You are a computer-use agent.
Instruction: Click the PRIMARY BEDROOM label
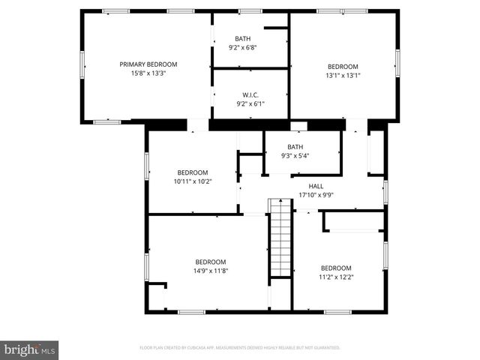(x=148, y=64)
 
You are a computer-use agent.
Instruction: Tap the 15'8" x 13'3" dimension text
(x=148, y=73)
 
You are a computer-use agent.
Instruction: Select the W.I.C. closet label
(x=250, y=94)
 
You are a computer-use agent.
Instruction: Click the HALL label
(x=316, y=186)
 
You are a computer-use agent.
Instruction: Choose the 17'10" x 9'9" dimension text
(x=316, y=195)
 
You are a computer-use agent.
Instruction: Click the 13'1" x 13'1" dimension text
(x=343, y=75)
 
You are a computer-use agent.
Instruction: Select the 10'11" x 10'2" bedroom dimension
(x=193, y=181)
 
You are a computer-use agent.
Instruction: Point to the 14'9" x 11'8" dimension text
(x=210, y=270)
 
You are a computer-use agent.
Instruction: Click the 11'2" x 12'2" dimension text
(x=336, y=277)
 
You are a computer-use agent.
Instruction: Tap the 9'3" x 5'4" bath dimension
(x=295, y=156)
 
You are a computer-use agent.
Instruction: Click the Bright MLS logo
(x=29, y=349)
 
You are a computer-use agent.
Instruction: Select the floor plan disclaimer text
(x=240, y=348)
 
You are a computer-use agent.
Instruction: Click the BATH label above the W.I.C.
(x=243, y=39)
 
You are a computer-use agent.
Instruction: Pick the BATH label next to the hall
(x=295, y=147)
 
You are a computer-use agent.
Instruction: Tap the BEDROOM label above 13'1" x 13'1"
(x=343, y=66)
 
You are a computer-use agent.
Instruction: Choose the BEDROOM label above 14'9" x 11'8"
(x=210, y=262)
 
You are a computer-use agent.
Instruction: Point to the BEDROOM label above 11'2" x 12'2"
(x=336, y=268)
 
